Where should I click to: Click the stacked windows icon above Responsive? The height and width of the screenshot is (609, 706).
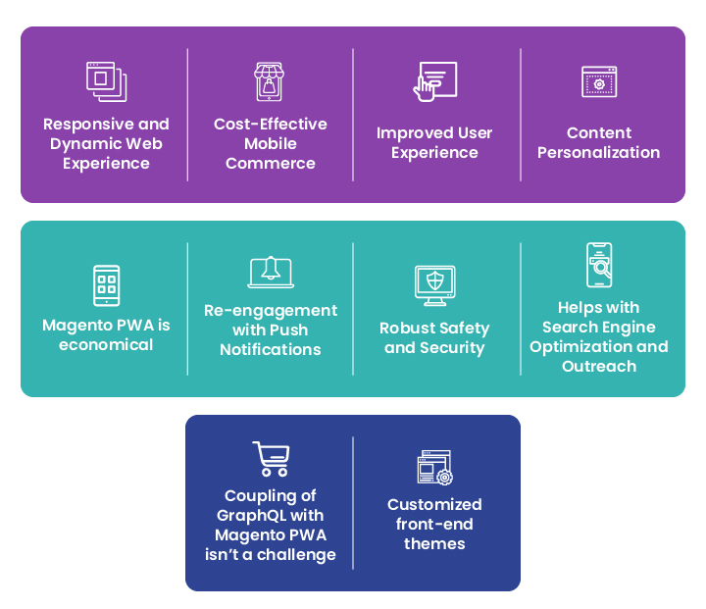click(x=106, y=81)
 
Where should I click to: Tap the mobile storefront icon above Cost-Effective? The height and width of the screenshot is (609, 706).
click(x=270, y=81)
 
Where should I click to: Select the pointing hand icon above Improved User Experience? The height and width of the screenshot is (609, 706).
click(x=435, y=81)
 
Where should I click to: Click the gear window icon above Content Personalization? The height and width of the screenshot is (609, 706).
click(x=599, y=81)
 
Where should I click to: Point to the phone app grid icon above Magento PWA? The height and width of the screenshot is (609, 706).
click(x=106, y=285)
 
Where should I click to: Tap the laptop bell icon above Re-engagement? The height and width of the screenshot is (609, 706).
click(x=271, y=272)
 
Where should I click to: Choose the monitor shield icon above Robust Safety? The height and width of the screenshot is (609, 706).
click(x=435, y=285)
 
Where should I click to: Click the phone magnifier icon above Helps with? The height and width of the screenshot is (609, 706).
click(x=599, y=265)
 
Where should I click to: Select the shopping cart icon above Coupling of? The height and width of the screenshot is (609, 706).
click(x=271, y=459)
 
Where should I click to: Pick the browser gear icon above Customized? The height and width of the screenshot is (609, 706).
click(x=435, y=468)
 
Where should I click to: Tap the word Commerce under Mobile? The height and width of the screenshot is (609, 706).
click(x=271, y=163)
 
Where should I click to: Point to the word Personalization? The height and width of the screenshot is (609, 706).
click(x=598, y=152)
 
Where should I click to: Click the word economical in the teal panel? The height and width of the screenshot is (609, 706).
click(x=106, y=344)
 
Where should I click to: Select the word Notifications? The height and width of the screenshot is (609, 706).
click(x=271, y=349)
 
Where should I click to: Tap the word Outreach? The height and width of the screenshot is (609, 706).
click(x=599, y=366)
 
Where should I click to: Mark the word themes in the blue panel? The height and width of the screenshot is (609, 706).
click(x=434, y=543)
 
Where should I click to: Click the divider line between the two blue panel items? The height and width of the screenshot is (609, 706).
click(x=353, y=503)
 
